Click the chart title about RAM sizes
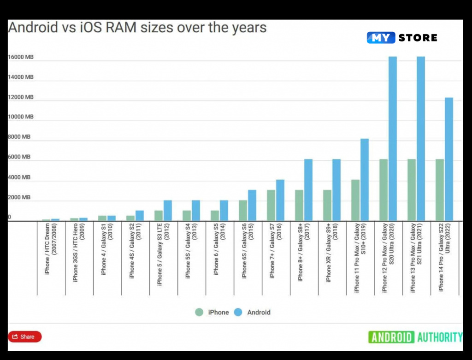[137, 28]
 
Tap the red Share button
[25, 336]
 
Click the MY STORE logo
[402, 38]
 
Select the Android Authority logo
[415, 337]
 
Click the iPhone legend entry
[212, 312]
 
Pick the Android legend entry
[253, 312]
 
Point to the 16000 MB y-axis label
[21, 57]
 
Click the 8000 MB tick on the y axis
[19, 137]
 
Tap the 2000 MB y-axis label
[19, 197]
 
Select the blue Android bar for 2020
[393, 138]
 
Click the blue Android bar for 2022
[448, 159]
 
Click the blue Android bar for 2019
[365, 180]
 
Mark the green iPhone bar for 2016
[271, 205]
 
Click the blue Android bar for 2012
[168, 210]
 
